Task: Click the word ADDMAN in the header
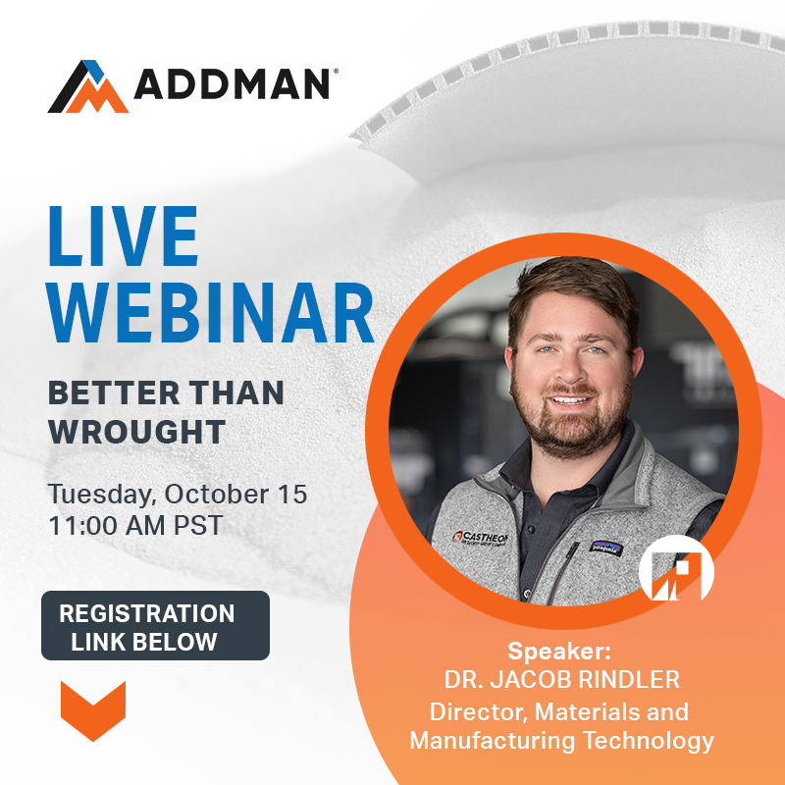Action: tap(232, 85)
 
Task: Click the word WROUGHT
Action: tap(136, 431)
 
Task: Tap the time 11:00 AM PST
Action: tap(135, 524)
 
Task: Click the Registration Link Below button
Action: tap(155, 626)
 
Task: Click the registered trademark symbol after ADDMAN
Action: tap(336, 72)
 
